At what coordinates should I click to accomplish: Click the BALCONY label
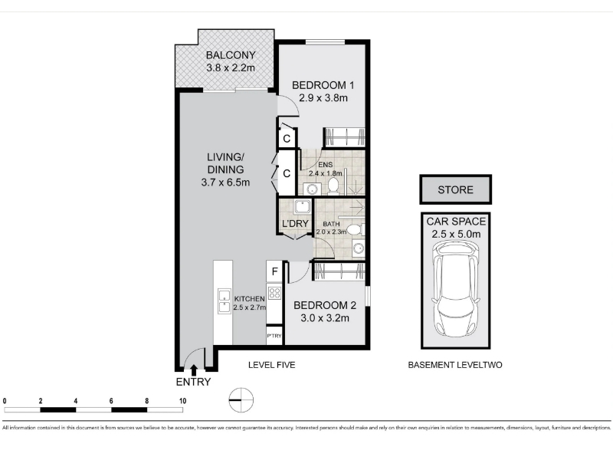pos(231,55)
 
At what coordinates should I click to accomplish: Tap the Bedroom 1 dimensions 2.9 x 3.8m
pos(323,98)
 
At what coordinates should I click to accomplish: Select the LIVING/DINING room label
pos(225,163)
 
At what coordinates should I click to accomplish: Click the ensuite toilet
pos(333,186)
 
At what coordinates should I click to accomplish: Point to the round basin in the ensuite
pos(312,189)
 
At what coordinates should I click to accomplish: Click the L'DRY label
pos(296,223)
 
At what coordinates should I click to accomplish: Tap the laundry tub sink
pos(303,207)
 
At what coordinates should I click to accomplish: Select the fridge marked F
pos(274,271)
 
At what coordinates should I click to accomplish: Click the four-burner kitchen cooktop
pos(274,293)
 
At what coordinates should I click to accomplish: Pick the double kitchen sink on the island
pos(224,301)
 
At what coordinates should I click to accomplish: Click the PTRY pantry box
pos(274,336)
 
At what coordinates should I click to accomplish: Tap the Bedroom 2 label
pos(325,305)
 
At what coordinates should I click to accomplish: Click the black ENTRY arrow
pos(194,370)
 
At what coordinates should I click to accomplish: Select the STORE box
pos(455,189)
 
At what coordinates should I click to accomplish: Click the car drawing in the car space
pos(455,289)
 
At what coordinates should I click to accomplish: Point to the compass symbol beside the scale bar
pos(241,400)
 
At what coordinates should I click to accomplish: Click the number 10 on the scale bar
pos(182,401)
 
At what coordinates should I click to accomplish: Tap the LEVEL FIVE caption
pos(272,365)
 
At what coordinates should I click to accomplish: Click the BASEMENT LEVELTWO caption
pos(455,365)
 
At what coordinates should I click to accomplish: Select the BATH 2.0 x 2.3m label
pos(331,228)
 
